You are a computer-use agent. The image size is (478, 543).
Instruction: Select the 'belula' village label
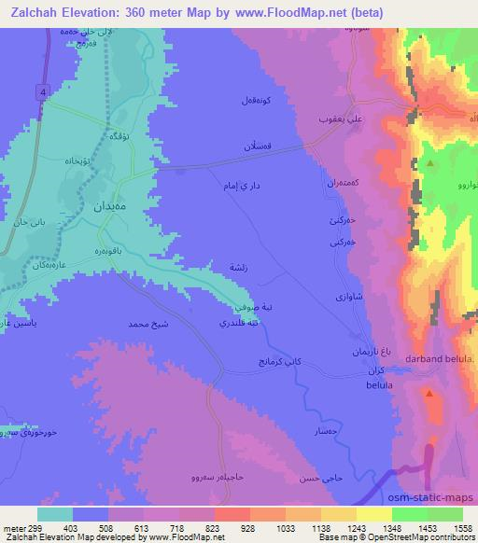click(x=378, y=384)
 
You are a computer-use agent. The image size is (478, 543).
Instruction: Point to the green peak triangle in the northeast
click(x=430, y=163)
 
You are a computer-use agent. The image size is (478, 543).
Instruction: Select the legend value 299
click(x=37, y=528)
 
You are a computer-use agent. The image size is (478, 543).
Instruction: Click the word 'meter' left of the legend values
click(x=14, y=528)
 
